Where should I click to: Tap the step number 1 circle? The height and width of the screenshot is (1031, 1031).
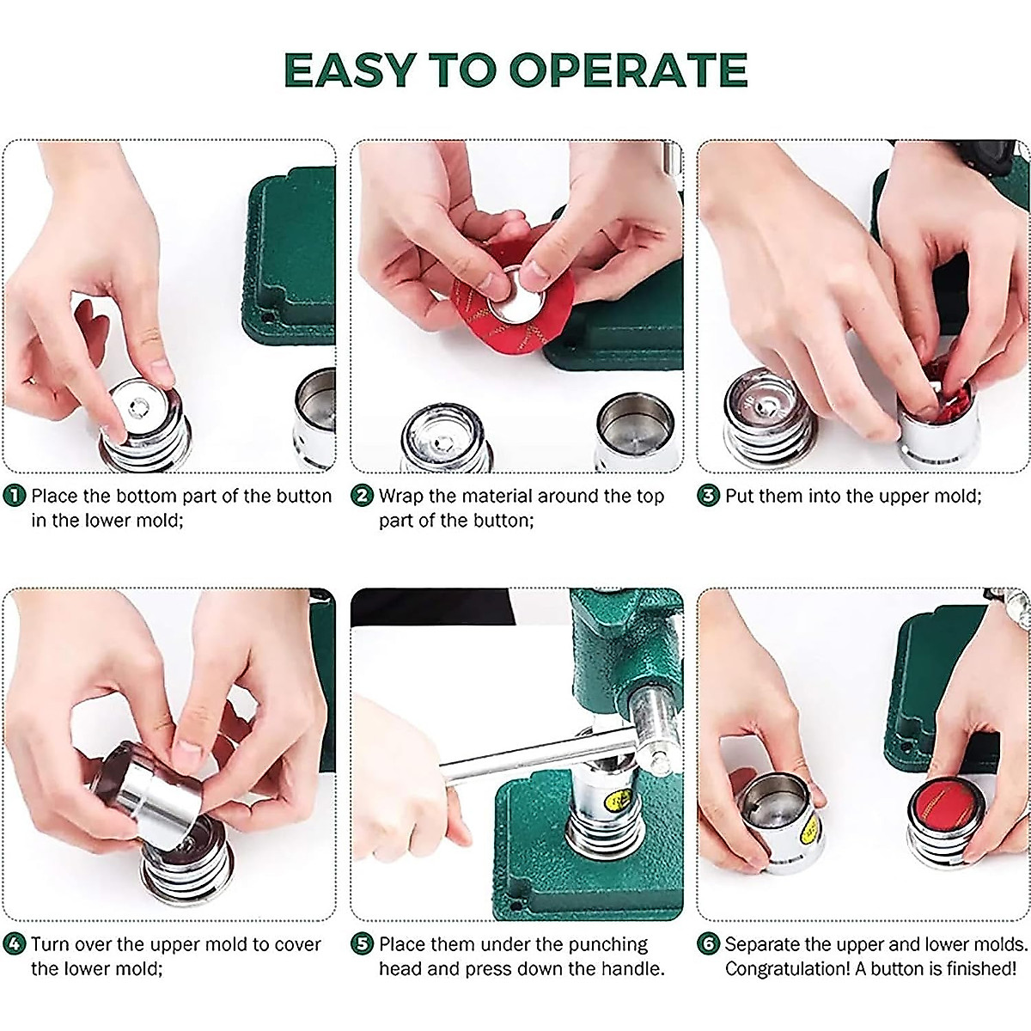point(15,497)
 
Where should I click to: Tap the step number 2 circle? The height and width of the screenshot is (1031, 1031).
point(363,497)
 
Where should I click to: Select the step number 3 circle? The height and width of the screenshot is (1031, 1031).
point(708,497)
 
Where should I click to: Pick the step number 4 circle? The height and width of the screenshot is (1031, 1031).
point(15,945)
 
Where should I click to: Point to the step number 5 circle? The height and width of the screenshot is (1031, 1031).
point(363,945)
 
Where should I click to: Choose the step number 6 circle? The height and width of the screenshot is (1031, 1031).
point(708,945)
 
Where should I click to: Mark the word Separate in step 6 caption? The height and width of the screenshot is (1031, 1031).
point(765,945)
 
